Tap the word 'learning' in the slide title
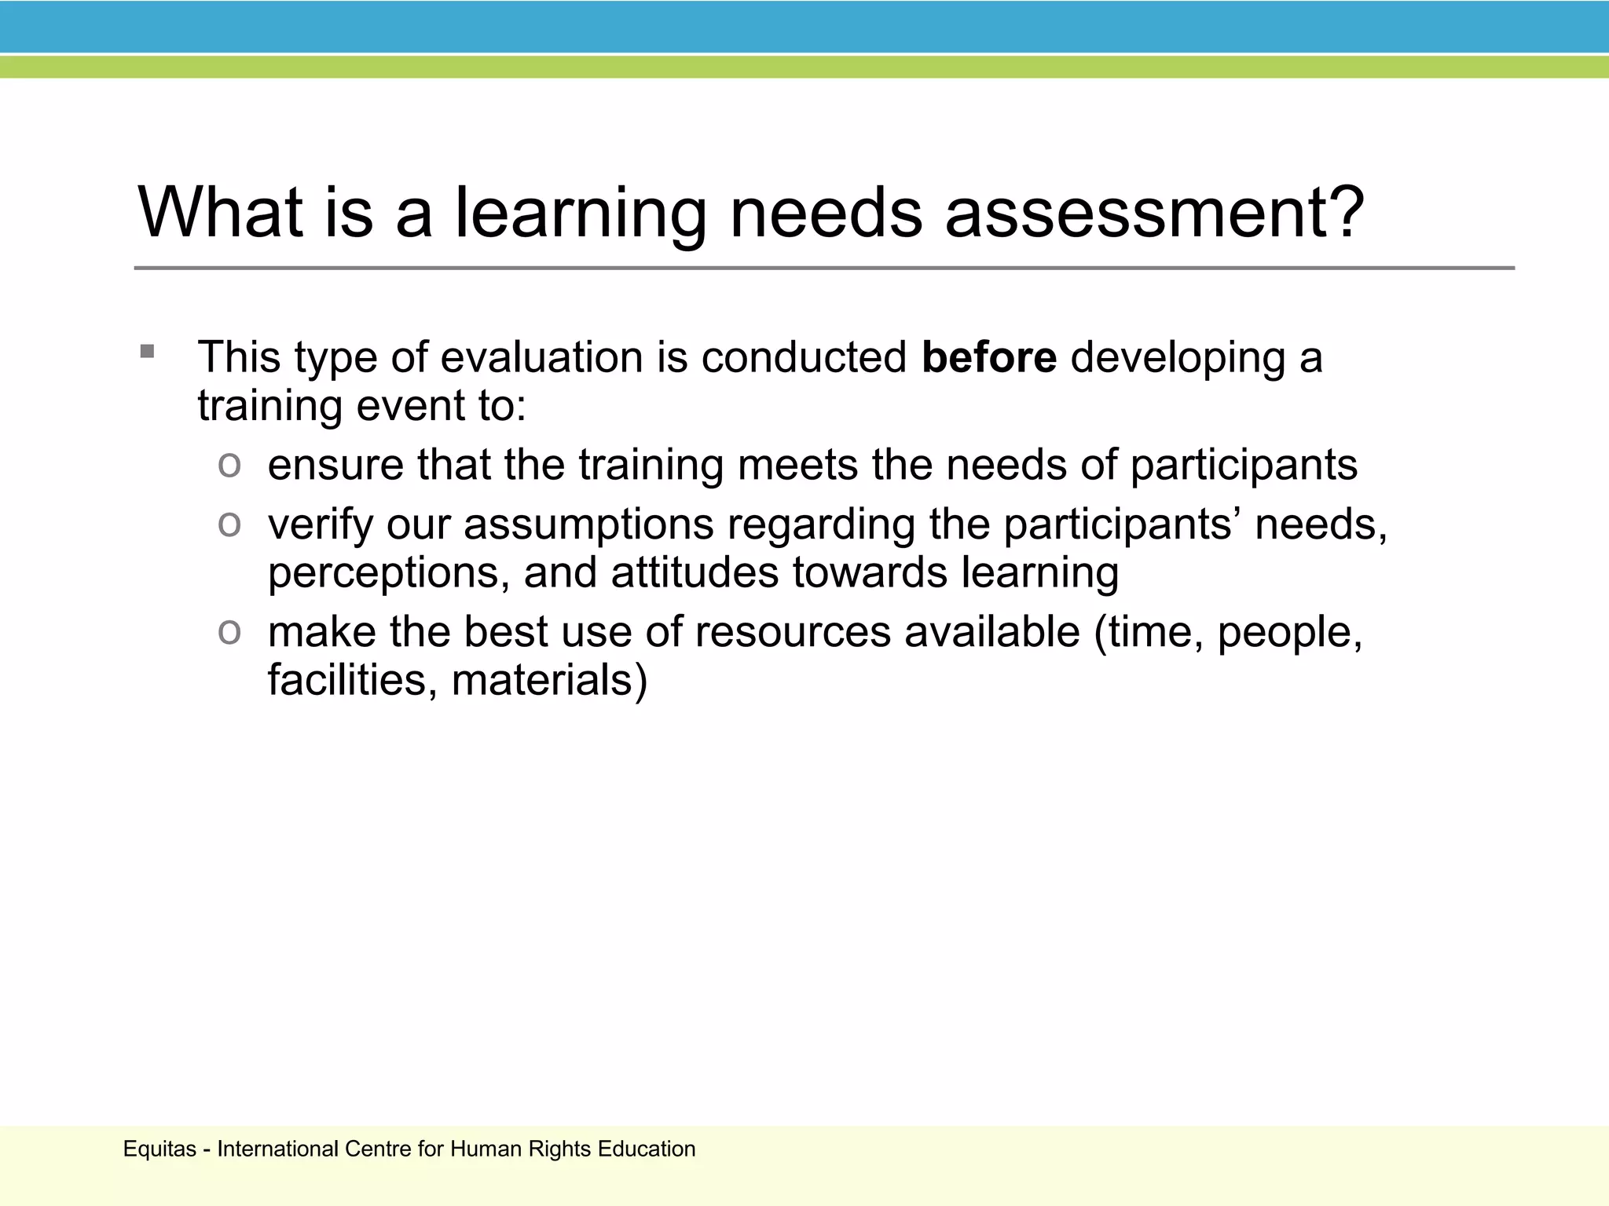coord(581,214)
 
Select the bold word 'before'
coord(989,358)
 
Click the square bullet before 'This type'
coord(148,351)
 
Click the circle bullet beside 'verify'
coord(229,524)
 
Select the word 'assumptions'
coord(588,524)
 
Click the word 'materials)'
coord(549,680)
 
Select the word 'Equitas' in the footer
coord(159,1149)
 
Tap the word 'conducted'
coord(804,358)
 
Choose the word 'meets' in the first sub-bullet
coord(797,465)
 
